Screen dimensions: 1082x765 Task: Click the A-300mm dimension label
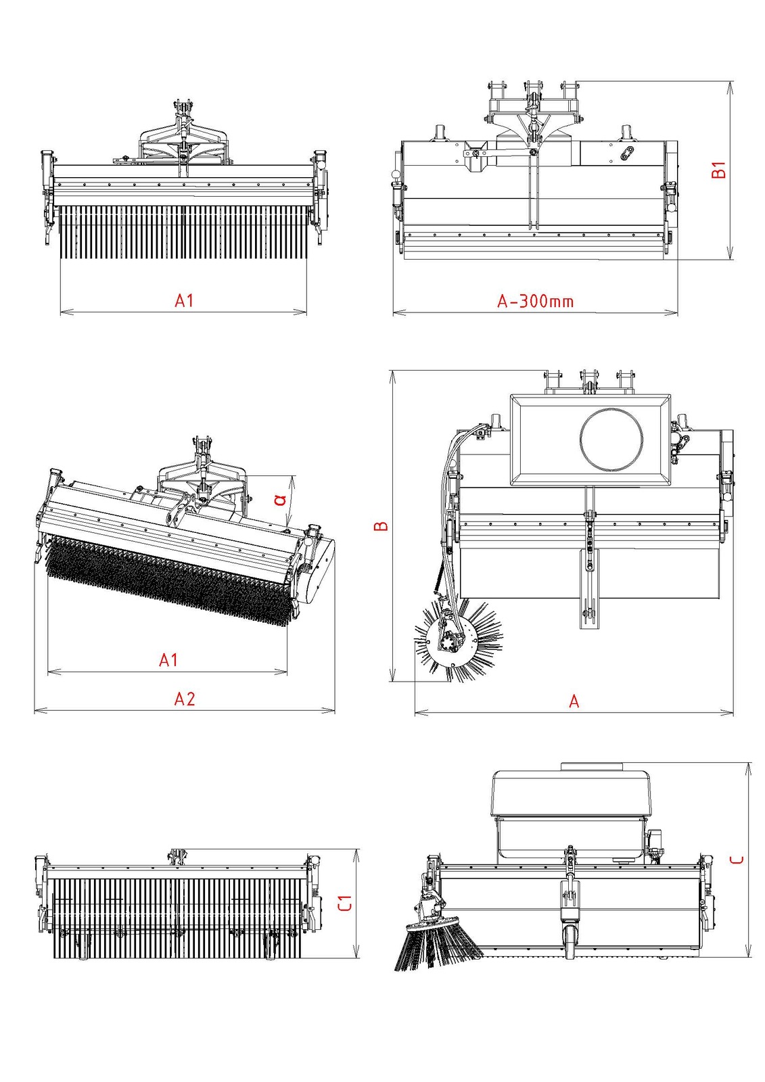point(535,301)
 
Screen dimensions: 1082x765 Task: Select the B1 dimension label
point(718,169)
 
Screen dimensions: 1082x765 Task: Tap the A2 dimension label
point(185,699)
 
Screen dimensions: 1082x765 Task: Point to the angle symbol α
point(280,500)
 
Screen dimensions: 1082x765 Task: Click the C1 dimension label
point(345,903)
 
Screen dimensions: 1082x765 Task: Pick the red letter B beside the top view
point(381,525)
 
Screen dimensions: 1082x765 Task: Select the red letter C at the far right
point(737,860)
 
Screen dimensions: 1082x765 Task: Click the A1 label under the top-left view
point(184,300)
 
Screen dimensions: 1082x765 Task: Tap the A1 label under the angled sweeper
point(168,659)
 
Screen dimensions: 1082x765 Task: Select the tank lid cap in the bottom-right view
point(591,766)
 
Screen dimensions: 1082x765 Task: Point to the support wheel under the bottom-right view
point(570,943)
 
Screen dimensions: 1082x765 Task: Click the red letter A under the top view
point(574,701)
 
